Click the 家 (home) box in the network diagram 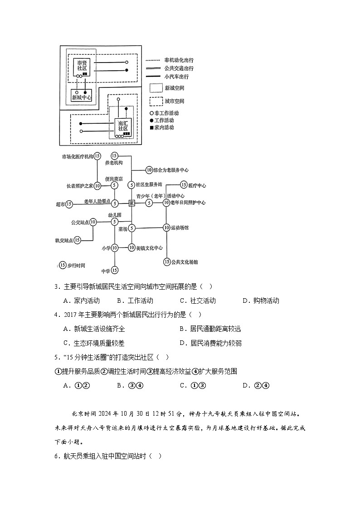click(131, 204)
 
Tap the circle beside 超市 click(69, 204)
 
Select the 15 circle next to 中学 click(115, 270)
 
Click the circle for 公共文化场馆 click(167, 262)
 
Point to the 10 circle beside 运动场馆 click(166, 228)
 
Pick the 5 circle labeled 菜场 click(131, 228)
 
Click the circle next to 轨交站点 click(77, 240)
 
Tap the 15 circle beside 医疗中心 click(184, 185)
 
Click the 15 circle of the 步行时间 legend click(63, 265)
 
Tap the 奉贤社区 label click(82, 65)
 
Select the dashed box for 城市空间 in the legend click(156, 101)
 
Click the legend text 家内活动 click(164, 127)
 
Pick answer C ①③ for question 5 click(193, 385)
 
